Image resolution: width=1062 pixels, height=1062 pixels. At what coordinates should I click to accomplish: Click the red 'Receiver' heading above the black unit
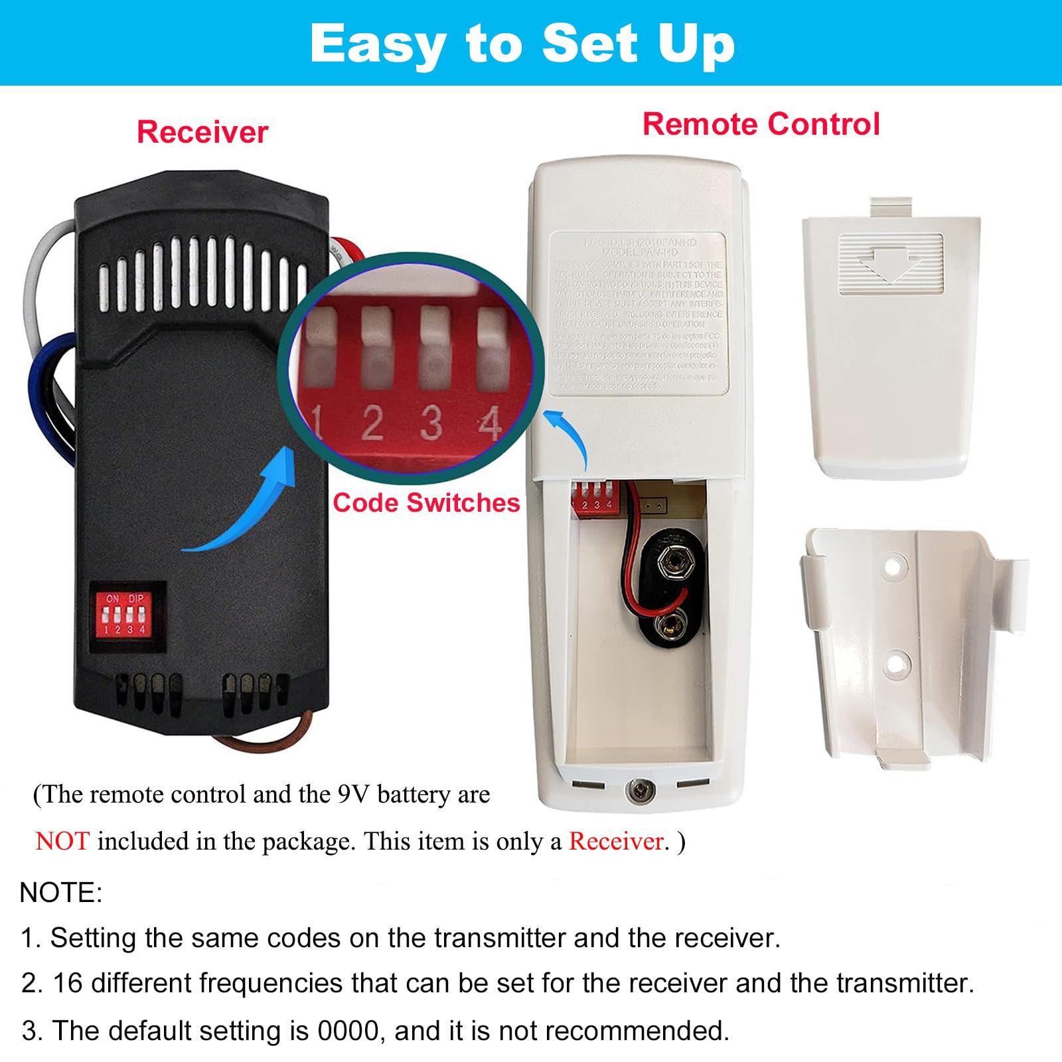click(202, 132)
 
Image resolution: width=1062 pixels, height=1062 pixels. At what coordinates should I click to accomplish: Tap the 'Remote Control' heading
click(761, 124)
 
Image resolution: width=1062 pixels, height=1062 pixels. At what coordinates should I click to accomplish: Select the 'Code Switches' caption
click(426, 503)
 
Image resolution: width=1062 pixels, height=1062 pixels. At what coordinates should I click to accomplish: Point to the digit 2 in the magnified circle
click(372, 423)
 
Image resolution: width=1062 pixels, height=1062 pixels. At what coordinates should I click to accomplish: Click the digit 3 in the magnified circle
click(431, 423)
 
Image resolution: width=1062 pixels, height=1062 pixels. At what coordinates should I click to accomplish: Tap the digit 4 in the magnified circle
click(489, 423)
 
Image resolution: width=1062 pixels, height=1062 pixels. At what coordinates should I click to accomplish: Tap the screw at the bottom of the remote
click(640, 790)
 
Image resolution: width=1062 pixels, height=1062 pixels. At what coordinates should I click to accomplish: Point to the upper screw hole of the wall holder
click(895, 566)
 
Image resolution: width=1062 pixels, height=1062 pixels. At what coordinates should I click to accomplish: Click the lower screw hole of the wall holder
click(895, 661)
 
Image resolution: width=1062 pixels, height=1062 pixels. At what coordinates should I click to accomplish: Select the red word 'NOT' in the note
click(62, 842)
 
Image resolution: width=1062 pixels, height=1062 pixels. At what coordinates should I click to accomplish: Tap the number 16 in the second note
click(67, 983)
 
